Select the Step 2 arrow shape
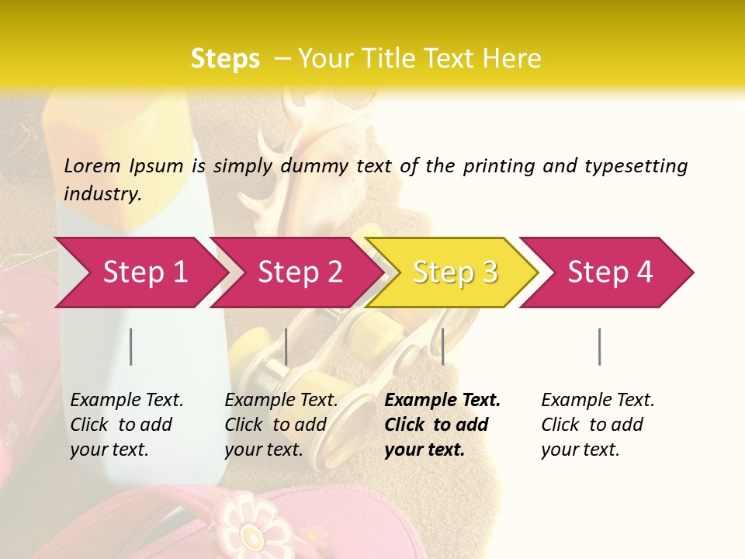tap(299, 272)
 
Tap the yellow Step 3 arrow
tap(454, 272)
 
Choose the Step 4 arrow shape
tap(609, 272)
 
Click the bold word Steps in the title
tap(225, 59)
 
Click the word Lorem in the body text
tap(92, 165)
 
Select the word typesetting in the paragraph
tap(636, 166)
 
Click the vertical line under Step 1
tap(131, 346)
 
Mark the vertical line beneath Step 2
tap(286, 346)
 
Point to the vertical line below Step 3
tap(442, 346)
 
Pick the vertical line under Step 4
tap(599, 346)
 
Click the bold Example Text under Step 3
tap(442, 401)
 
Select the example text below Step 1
tap(126, 425)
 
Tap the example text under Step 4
tap(598, 425)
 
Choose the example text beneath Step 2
tap(281, 425)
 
